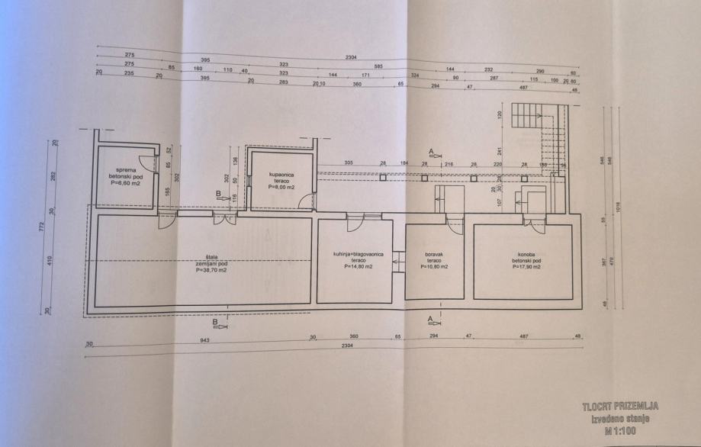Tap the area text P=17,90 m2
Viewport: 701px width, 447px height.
523,267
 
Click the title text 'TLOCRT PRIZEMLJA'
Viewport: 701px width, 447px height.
619,407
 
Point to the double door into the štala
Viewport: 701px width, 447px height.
225,220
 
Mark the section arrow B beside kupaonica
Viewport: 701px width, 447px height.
220,196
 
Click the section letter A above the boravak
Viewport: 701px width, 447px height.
432,152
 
